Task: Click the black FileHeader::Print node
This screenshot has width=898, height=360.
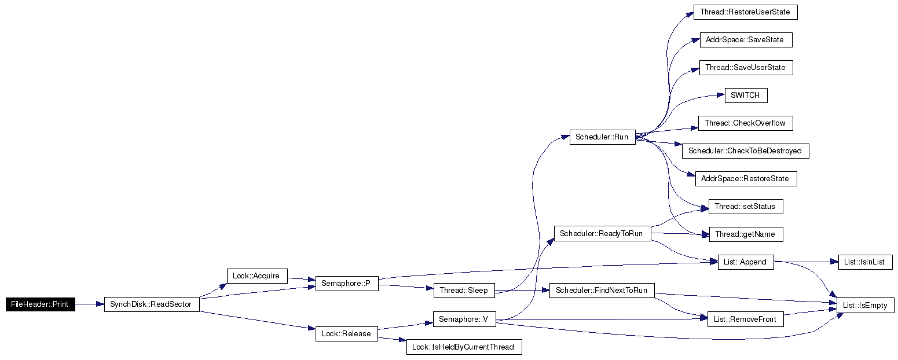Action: (41, 304)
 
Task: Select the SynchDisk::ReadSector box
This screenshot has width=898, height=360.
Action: (152, 304)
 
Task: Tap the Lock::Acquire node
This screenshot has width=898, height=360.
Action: (257, 276)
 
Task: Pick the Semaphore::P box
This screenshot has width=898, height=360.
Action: (347, 284)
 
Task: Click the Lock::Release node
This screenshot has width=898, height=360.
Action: (346, 333)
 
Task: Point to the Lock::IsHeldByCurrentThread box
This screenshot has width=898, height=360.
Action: (464, 347)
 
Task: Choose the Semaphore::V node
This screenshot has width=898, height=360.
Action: (464, 319)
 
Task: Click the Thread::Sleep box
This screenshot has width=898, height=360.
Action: (464, 290)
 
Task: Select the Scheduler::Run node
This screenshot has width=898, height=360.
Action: (602, 137)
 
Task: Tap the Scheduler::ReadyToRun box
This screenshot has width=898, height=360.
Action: (602, 233)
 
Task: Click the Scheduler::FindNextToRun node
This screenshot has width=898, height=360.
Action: (602, 290)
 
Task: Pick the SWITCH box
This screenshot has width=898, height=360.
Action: (746, 95)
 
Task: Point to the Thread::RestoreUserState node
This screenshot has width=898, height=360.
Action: (745, 12)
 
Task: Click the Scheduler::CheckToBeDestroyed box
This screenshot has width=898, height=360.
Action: (745, 150)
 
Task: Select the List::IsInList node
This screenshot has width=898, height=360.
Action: (865, 262)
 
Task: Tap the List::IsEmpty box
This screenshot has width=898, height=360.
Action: (865, 305)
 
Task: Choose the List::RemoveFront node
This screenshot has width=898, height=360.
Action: (745, 319)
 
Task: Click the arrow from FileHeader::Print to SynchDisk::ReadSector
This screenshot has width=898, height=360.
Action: (90, 304)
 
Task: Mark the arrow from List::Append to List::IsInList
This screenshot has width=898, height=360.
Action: (806, 262)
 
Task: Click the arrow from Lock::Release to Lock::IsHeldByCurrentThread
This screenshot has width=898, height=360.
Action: (392, 339)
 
